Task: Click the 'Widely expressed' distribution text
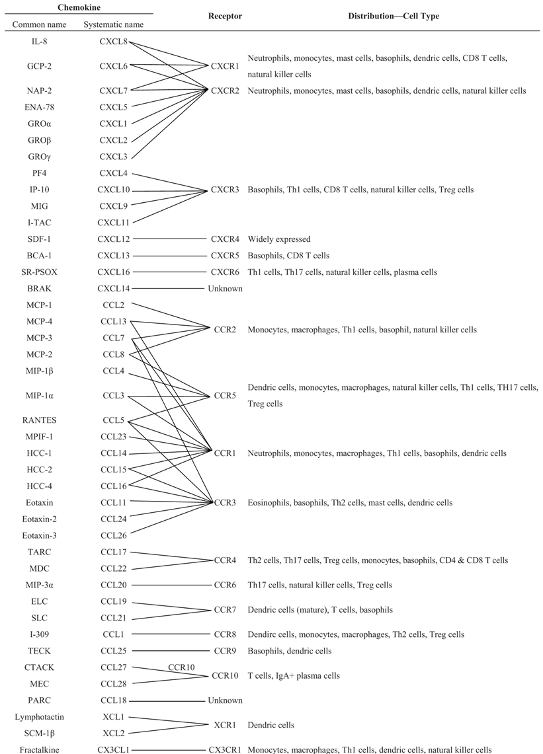278,239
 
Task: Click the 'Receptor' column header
225,16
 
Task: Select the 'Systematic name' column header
114,25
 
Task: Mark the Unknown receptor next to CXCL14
225,289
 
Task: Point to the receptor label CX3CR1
226,749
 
